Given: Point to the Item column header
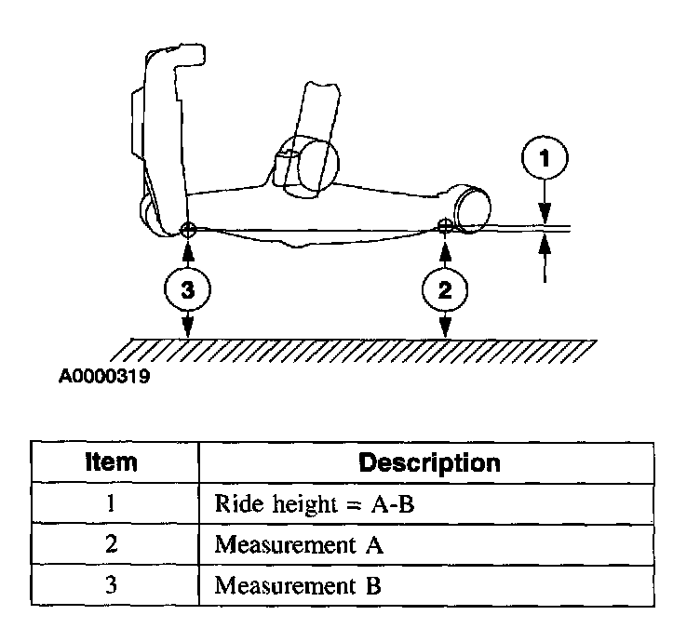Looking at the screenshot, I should pyautogui.click(x=111, y=461).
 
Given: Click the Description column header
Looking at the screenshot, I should pyautogui.click(x=429, y=462).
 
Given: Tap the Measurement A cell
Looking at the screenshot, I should pyautogui.click(x=299, y=545).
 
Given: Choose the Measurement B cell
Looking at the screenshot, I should pyautogui.click(x=299, y=587).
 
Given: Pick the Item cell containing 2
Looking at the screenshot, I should pyautogui.click(x=111, y=545).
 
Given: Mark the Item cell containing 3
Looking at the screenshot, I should pyautogui.click(x=111, y=587).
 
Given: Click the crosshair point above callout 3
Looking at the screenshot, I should pyautogui.click(x=188, y=229).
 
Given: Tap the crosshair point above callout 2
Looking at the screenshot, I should pyautogui.click(x=445, y=225).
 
